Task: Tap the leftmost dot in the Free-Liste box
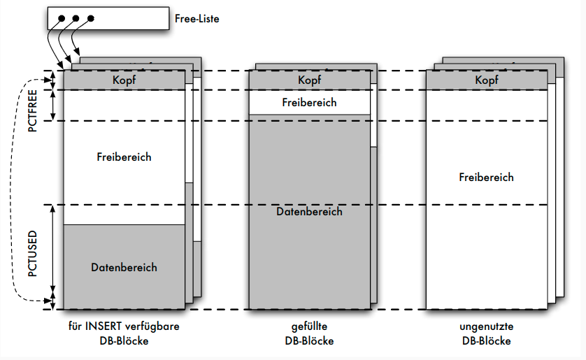pyautogui.click(x=62, y=19)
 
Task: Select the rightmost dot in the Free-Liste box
pyautogui.click(x=92, y=19)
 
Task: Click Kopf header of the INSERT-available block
pyautogui.click(x=124, y=80)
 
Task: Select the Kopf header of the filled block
pyautogui.click(x=309, y=80)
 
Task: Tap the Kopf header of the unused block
pyautogui.click(x=487, y=80)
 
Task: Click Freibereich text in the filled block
pyautogui.click(x=309, y=103)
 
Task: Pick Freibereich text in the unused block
pyautogui.click(x=486, y=177)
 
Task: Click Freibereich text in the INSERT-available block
pyautogui.click(x=124, y=157)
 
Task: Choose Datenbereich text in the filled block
pyautogui.click(x=309, y=211)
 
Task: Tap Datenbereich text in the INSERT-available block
pyautogui.click(x=124, y=267)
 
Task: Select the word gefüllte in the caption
pyautogui.click(x=309, y=326)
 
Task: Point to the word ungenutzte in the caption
pyautogui.click(x=486, y=326)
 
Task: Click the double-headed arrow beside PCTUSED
pyautogui.click(x=53, y=251)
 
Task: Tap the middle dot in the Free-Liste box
pyautogui.click(x=76, y=19)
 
